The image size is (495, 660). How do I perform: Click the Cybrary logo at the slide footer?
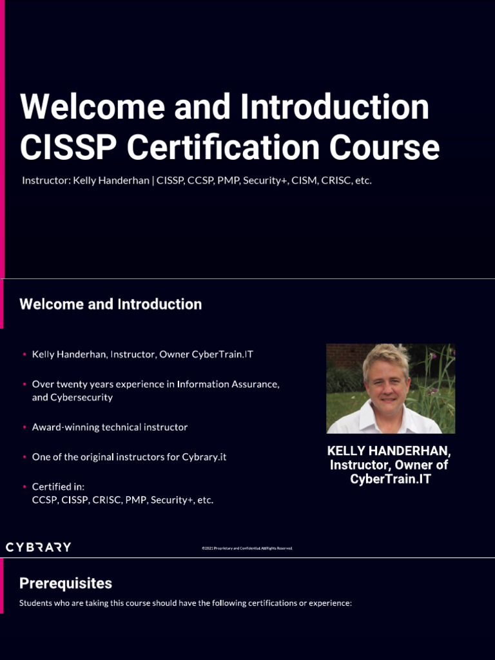[x=39, y=547]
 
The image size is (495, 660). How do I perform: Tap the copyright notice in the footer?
[x=247, y=548]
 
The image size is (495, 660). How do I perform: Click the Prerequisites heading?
[x=66, y=583]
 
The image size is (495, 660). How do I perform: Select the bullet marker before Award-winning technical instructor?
[x=24, y=427]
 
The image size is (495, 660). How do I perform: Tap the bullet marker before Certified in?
[x=24, y=487]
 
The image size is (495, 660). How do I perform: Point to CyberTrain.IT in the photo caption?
[x=390, y=480]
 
